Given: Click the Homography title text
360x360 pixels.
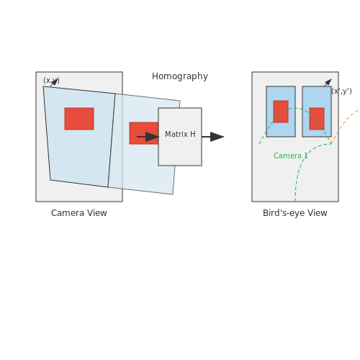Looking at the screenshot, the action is [180, 76].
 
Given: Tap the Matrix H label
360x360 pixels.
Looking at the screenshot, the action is [180, 134].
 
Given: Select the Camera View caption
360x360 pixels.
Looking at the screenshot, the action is [79, 213].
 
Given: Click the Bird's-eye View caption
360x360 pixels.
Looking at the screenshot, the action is [295, 213].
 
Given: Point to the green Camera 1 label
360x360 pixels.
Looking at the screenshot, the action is [290, 156].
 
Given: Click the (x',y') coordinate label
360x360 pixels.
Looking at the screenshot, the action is [341, 91].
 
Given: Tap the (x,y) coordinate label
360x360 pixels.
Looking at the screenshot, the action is [51, 81].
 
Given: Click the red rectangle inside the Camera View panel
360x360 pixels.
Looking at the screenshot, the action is [79, 119].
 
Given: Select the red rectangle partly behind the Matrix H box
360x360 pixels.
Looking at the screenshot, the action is [144, 133].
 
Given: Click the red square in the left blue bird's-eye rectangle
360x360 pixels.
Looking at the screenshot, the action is [281, 112].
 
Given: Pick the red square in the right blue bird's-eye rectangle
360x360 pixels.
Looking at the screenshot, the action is [317, 119].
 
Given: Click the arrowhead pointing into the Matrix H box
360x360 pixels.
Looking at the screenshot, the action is [152, 137].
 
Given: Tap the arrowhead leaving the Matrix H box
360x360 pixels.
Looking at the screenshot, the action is [217, 137].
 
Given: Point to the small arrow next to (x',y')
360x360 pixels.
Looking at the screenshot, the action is [328, 83].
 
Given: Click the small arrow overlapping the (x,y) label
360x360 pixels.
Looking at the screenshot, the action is [54, 83].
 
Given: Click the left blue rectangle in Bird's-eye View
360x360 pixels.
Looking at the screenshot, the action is [281, 112].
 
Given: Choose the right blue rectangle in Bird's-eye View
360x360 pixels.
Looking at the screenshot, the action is [317, 112].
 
